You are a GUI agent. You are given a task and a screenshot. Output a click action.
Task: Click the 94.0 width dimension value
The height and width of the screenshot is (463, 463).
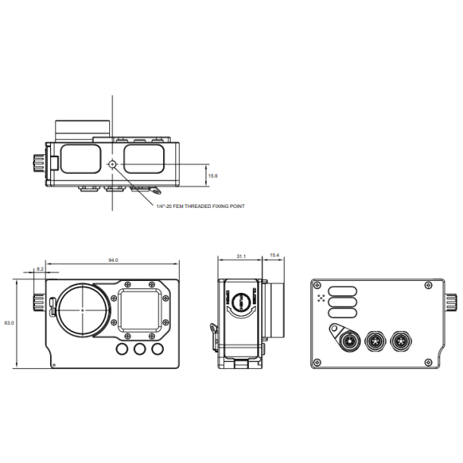[113, 260]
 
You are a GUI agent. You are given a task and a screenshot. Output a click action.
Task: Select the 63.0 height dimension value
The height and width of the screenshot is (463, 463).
[10, 323]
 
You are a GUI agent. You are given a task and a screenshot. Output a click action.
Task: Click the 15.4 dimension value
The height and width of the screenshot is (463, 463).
[275, 255]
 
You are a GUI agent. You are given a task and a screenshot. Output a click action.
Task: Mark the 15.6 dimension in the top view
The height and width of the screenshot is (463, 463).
[213, 176]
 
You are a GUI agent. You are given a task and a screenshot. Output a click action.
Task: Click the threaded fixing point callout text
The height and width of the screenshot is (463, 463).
[200, 206]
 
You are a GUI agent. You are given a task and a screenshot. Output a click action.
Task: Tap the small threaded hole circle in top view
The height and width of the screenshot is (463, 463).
[112, 164]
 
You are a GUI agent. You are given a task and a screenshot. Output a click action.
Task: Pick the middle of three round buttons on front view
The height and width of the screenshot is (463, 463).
[139, 350]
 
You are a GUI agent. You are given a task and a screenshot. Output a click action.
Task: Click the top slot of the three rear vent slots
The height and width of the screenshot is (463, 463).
[343, 289]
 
